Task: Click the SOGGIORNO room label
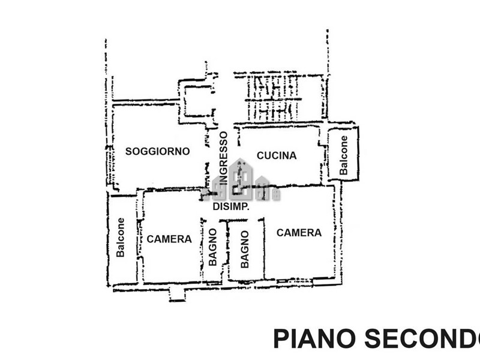pyautogui.click(x=157, y=151)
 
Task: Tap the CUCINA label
pyautogui.click(x=277, y=155)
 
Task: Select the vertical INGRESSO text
pyautogui.click(x=223, y=158)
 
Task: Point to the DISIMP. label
pyautogui.click(x=231, y=206)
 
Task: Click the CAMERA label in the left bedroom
pyautogui.click(x=169, y=239)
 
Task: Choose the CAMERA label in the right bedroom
pyautogui.click(x=299, y=233)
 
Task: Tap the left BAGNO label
pyautogui.click(x=212, y=250)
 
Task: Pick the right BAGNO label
pyautogui.click(x=244, y=250)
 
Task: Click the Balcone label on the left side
pyautogui.click(x=121, y=238)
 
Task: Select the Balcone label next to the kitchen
pyautogui.click(x=344, y=155)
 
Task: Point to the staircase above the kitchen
pyautogui.click(x=274, y=98)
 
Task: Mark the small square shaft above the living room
pyautogui.click(x=196, y=100)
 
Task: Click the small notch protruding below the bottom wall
pyautogui.click(x=178, y=295)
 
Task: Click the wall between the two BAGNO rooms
pyautogui.click(x=227, y=252)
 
